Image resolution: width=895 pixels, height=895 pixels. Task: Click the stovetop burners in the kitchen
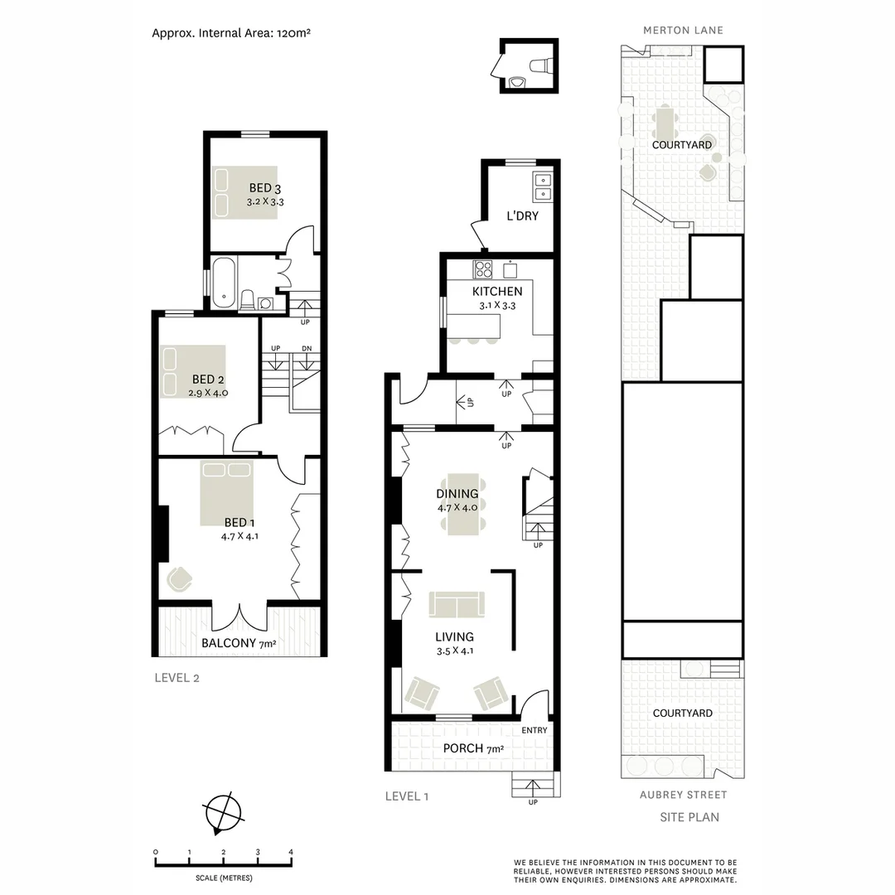pos(482,269)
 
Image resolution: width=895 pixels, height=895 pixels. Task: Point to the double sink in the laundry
pos(543,186)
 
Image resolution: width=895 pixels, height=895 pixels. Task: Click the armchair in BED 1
pos(180,578)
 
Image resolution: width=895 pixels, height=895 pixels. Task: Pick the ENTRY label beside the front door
pos(535,730)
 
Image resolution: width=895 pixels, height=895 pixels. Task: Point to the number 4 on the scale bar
pos(291,852)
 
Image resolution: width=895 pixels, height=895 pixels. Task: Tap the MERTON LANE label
pos(683,30)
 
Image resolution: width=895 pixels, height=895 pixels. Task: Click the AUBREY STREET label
pos(683,795)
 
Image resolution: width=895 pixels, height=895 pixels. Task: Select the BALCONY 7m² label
pos(239,643)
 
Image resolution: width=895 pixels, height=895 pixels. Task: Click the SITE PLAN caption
pos(689,817)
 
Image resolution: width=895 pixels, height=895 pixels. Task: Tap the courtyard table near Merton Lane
pos(665,124)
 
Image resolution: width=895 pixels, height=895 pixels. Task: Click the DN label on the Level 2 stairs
pos(307,348)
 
